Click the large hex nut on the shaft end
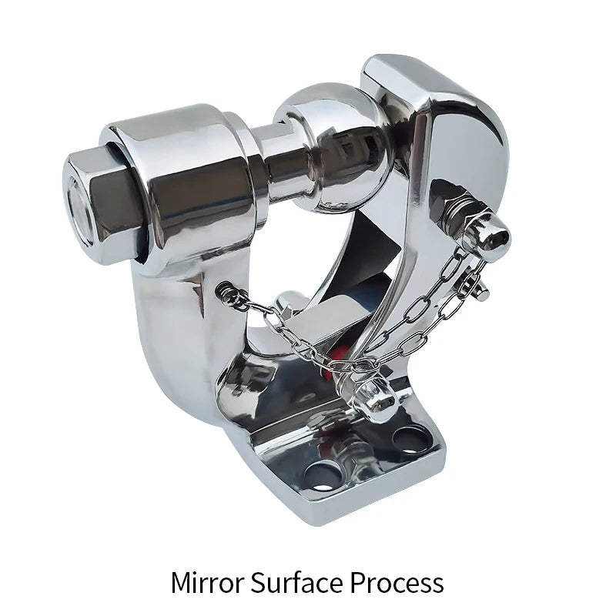click(100, 208)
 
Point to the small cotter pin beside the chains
click(474, 283)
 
